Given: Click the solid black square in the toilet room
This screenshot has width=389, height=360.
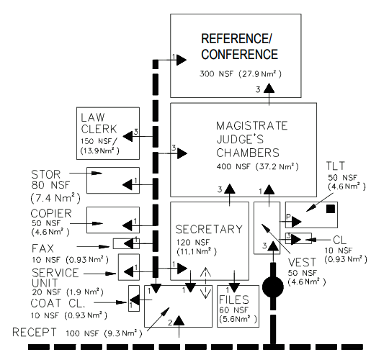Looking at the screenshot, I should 330,210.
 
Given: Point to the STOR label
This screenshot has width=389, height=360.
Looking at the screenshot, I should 47,174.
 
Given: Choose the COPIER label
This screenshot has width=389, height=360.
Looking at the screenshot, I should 50,214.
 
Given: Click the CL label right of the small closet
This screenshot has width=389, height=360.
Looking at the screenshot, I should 339,239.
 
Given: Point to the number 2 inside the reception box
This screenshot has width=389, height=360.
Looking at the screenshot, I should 170,324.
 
